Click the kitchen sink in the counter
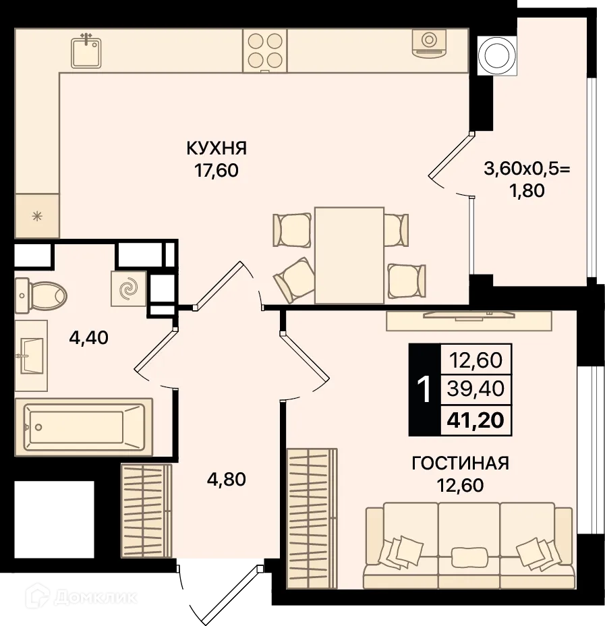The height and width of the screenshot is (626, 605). [x=86, y=51]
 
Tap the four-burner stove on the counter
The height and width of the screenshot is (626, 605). [x=264, y=51]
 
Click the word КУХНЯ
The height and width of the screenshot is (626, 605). [x=217, y=148]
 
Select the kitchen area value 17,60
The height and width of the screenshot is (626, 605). [x=217, y=170]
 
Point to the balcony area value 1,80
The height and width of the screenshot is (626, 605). [x=527, y=190]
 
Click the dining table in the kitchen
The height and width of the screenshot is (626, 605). [x=349, y=255]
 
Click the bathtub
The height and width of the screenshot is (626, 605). [x=83, y=426]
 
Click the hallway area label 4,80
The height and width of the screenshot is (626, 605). [x=226, y=480]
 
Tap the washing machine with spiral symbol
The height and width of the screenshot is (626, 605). [x=128, y=289]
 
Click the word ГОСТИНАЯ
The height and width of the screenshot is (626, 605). [x=460, y=463]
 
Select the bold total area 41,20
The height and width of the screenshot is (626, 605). [x=475, y=421]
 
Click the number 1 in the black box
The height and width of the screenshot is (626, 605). [x=424, y=390]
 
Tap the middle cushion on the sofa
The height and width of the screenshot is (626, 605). [x=469, y=557]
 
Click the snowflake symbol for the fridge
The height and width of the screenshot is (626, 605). [x=37, y=217]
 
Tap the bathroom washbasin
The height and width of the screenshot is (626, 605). [x=30, y=355]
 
